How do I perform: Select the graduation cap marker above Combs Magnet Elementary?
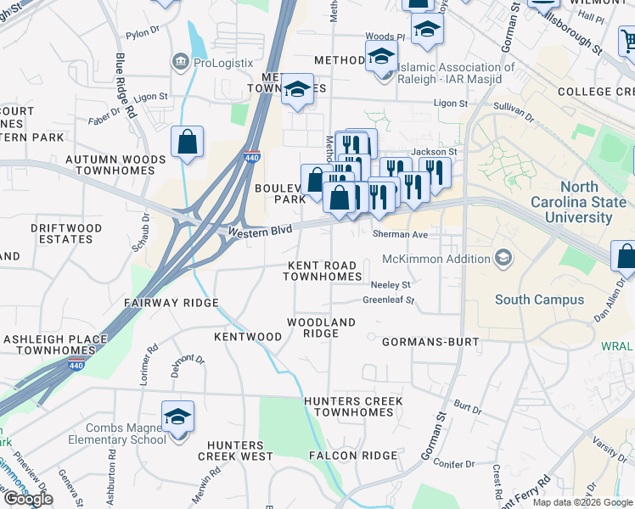click(178, 417)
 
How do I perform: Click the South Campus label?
click(539, 299)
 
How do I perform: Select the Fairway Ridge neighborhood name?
click(171, 303)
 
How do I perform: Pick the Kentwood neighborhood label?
click(247, 337)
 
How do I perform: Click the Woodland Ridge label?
click(321, 327)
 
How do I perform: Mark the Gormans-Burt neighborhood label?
click(430, 342)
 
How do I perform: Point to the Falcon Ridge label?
click(347, 456)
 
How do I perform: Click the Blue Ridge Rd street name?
click(126, 85)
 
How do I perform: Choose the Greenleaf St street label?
click(388, 300)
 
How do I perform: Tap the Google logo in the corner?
click(28, 498)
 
